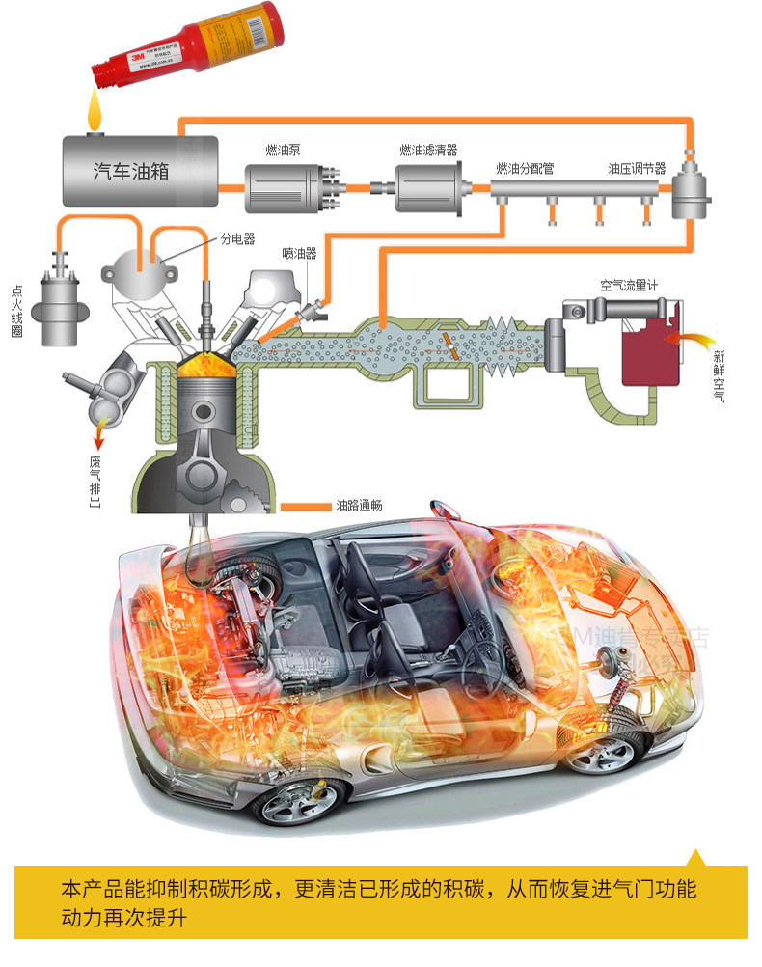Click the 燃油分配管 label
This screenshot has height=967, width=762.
pos(525,168)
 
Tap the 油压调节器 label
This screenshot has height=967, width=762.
pos(637,168)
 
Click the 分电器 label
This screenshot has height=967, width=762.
pos(236,239)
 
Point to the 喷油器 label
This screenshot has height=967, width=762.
pos(299,253)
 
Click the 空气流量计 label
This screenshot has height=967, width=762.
pos(629,286)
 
